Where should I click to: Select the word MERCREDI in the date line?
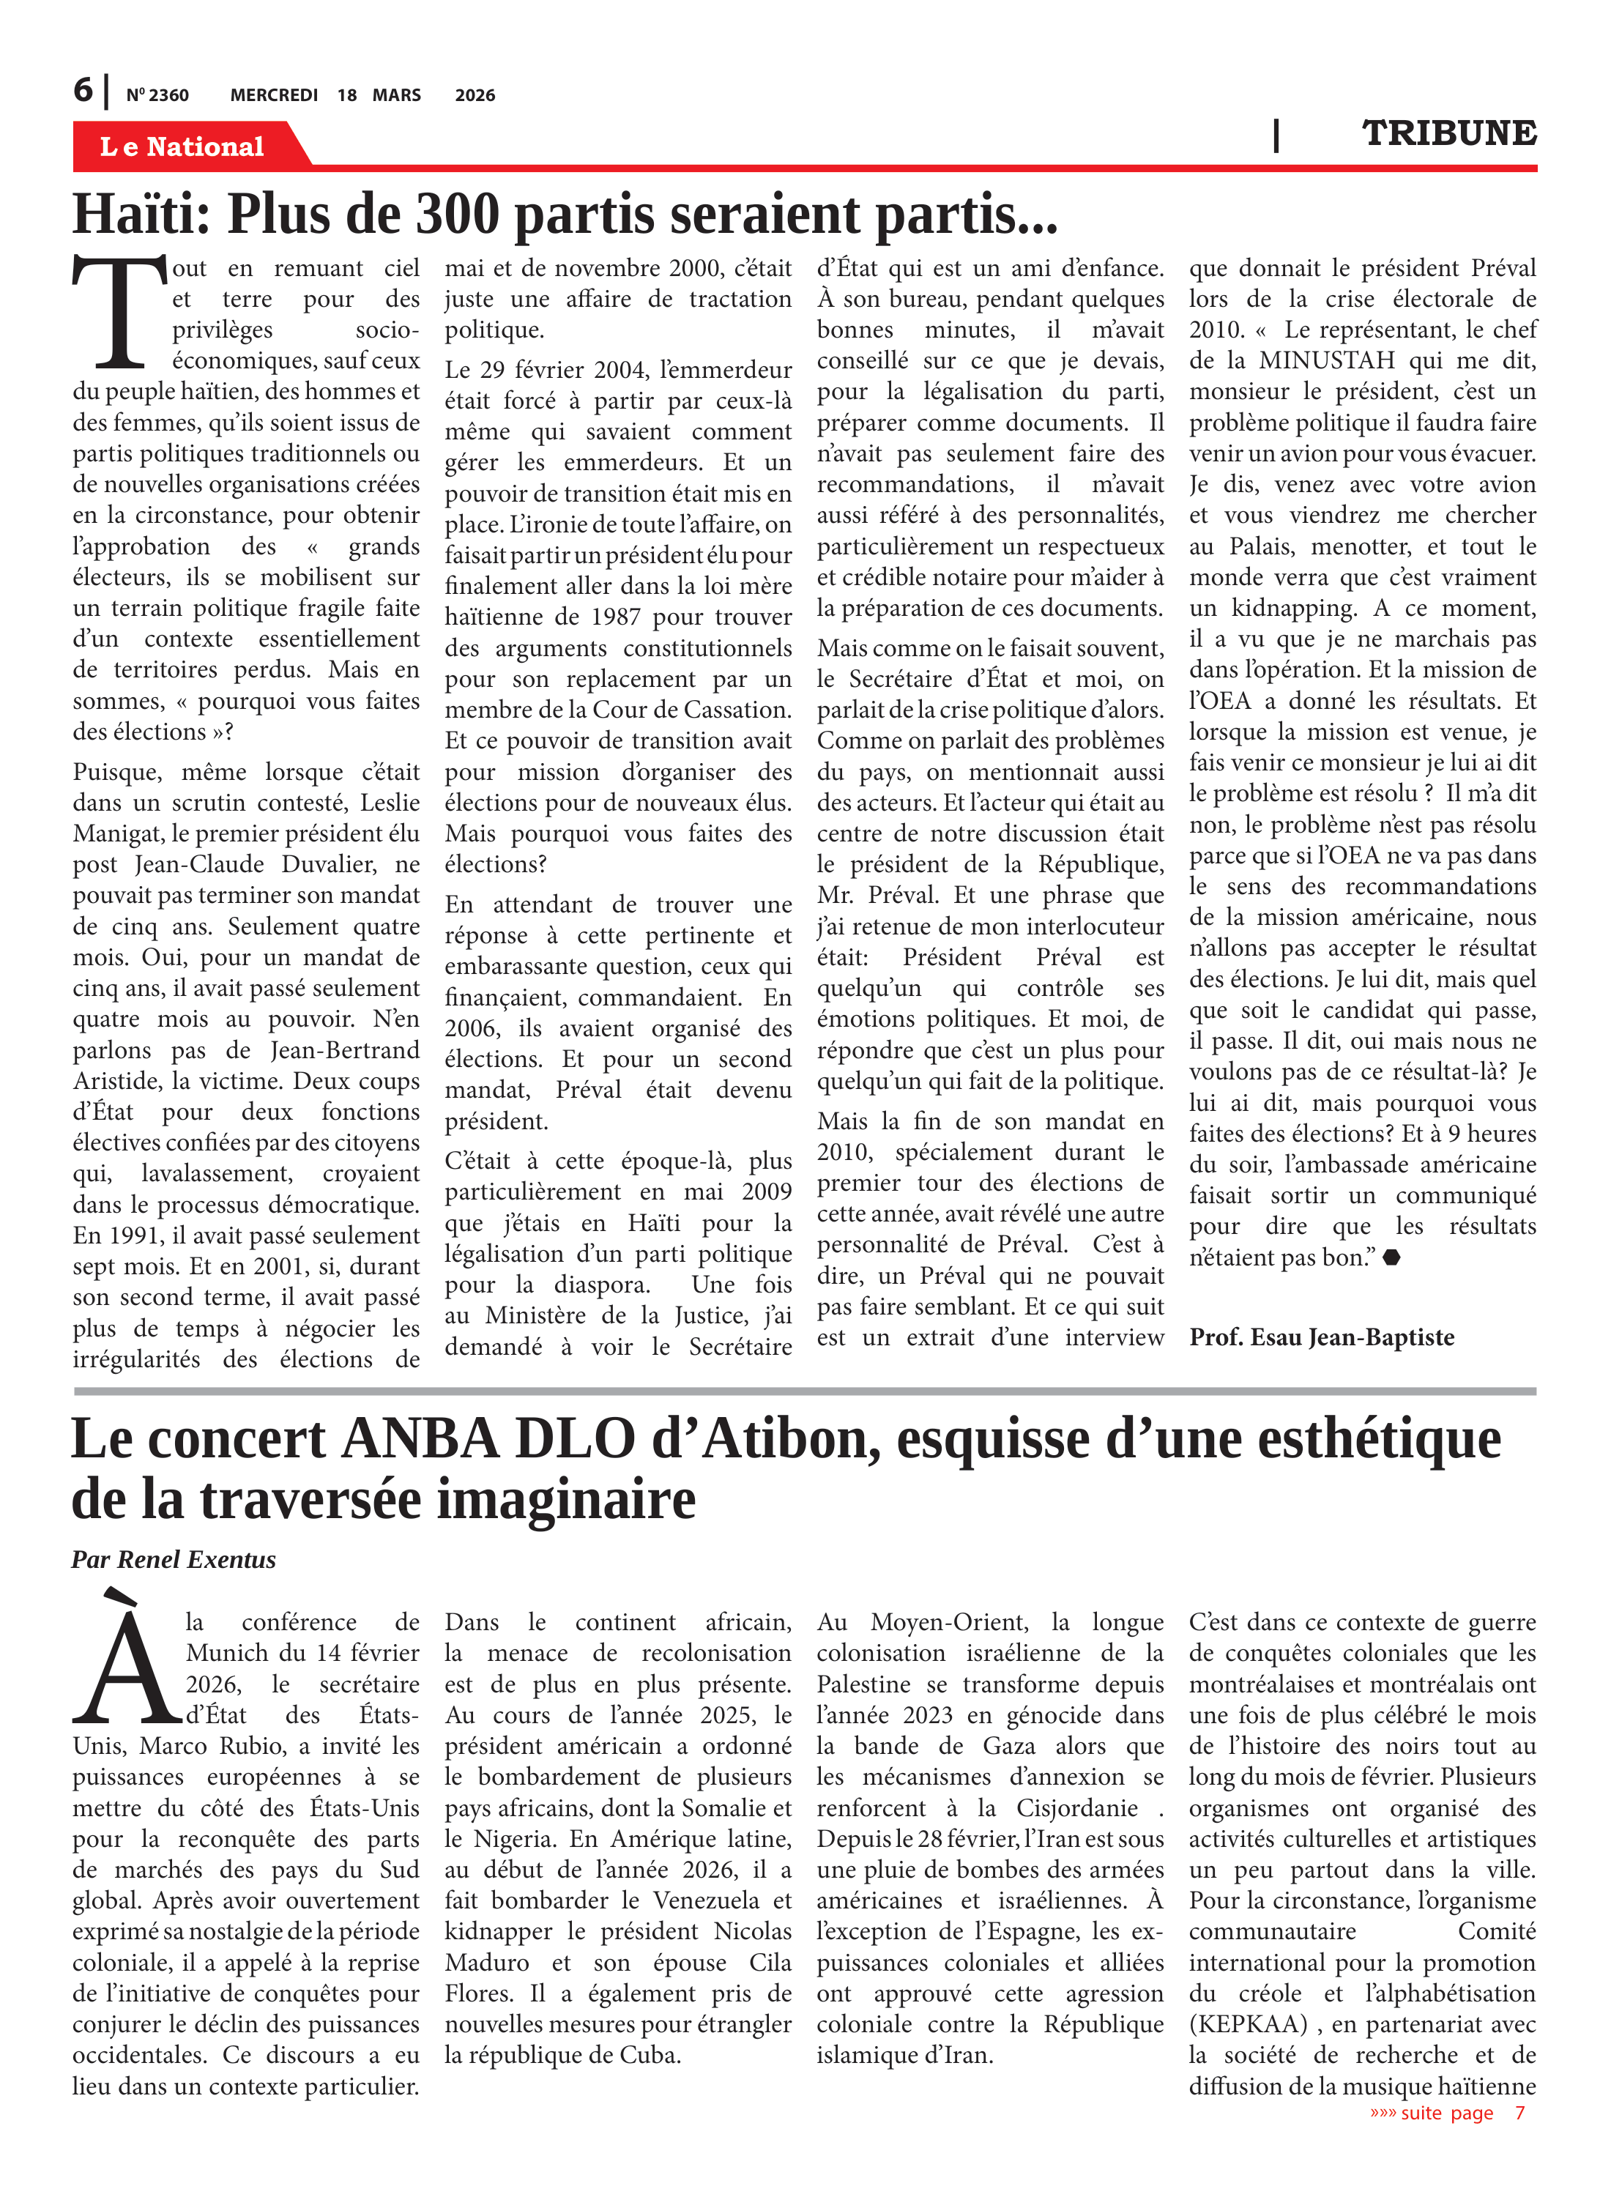[x=274, y=95]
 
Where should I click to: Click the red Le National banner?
[x=182, y=146]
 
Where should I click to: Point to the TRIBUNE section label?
[x=1448, y=133]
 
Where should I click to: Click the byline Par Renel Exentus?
[x=174, y=1559]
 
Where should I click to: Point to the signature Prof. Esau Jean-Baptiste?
[x=1321, y=1337]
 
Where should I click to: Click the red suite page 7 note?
[x=1446, y=2112]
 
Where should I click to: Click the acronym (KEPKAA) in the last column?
[x=1249, y=2024]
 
